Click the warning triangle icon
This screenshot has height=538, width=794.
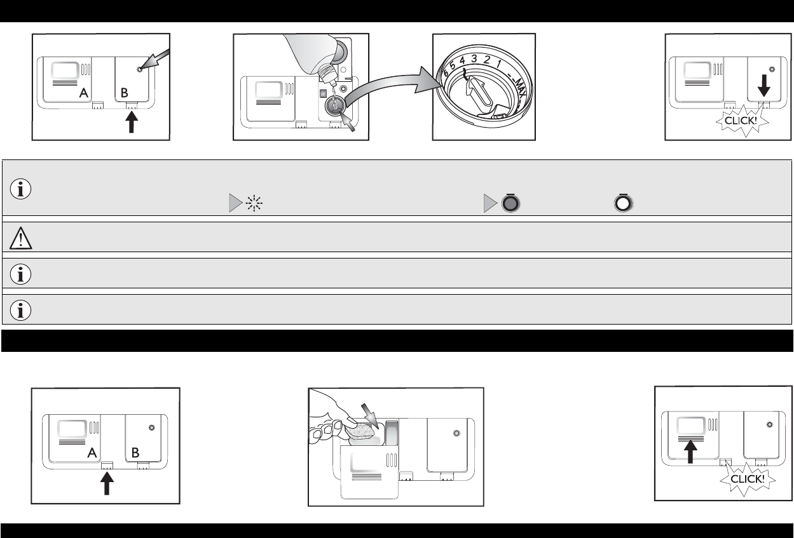click(x=21, y=238)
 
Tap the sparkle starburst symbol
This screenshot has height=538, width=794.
click(x=254, y=203)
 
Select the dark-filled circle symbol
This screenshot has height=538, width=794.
click(x=510, y=203)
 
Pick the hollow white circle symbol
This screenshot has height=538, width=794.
click(x=623, y=203)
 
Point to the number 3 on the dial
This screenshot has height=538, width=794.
click(x=474, y=59)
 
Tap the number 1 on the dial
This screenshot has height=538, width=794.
click(x=498, y=64)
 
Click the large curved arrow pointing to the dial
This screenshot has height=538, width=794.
click(x=390, y=87)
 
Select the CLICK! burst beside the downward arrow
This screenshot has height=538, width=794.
click(x=742, y=121)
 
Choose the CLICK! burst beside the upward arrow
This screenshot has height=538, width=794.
click(x=748, y=479)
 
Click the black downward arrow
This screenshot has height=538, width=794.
click(x=764, y=85)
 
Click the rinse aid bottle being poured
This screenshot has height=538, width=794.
click(x=312, y=57)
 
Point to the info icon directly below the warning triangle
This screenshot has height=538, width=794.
click(x=20, y=274)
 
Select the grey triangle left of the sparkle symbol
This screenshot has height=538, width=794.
click(x=236, y=203)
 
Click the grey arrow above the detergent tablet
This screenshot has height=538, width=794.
click(x=370, y=416)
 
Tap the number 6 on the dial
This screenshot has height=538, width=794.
click(x=446, y=72)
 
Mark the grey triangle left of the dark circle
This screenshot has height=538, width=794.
click(x=491, y=203)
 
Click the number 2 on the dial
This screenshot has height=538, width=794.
click(x=487, y=60)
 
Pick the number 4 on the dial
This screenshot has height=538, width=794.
click(x=462, y=61)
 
